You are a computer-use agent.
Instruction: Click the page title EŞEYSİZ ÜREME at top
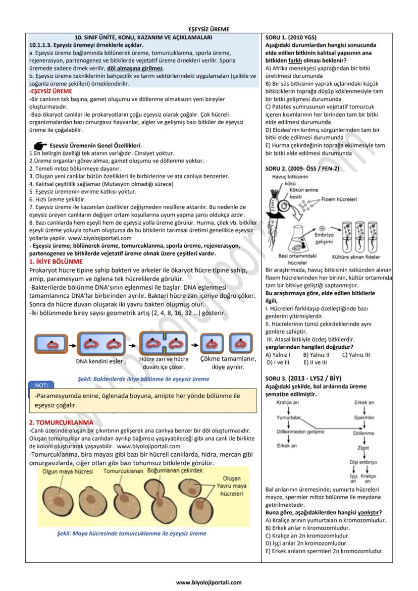(209, 29)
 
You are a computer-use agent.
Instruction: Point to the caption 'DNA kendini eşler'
(101, 361)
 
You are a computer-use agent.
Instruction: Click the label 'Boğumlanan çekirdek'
(175, 470)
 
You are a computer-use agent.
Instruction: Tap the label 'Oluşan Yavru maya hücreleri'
(232, 486)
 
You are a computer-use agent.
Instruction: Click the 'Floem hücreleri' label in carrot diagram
(339, 199)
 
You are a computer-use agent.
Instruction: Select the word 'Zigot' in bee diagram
(363, 447)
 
